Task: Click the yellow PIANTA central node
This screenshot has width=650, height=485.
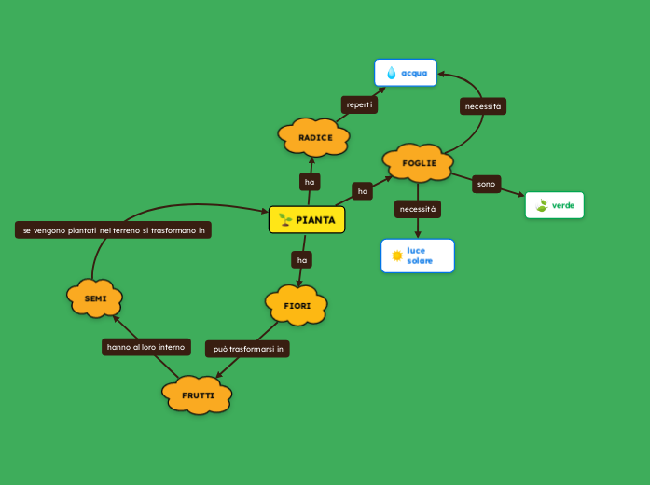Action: click(x=307, y=220)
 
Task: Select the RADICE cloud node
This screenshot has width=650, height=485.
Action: click(x=314, y=137)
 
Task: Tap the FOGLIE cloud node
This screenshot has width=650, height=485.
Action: click(x=418, y=163)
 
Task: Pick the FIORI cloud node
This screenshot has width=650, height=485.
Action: click(x=297, y=305)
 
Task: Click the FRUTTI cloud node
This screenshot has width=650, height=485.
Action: click(x=197, y=395)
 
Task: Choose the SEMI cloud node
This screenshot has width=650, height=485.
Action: click(x=95, y=298)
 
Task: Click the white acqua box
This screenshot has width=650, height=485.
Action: click(x=406, y=73)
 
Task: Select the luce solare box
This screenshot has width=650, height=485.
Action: click(x=418, y=256)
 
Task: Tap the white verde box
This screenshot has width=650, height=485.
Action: click(x=555, y=205)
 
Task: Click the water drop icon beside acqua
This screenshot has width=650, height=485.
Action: click(x=392, y=73)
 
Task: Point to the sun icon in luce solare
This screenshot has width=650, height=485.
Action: click(x=397, y=256)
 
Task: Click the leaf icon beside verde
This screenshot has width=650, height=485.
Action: click(x=542, y=205)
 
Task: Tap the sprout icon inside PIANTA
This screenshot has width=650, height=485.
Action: click(x=285, y=220)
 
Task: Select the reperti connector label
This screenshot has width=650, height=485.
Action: click(x=359, y=104)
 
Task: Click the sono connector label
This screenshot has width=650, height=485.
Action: click(x=486, y=184)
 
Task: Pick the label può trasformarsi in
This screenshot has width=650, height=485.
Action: click(x=247, y=349)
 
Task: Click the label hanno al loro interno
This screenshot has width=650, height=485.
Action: click(x=146, y=347)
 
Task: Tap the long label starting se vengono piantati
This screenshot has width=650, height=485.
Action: click(x=113, y=229)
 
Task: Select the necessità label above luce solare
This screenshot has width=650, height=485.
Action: click(x=417, y=209)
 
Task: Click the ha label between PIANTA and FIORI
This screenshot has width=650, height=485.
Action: click(x=301, y=259)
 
